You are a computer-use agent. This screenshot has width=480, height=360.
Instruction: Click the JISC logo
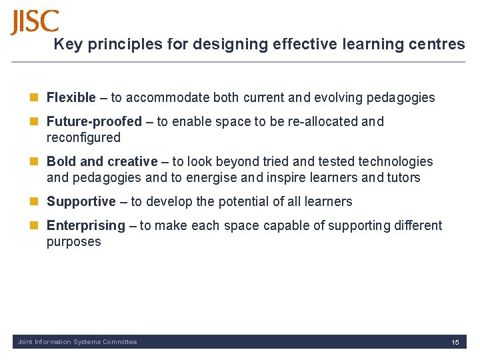[x=35, y=22]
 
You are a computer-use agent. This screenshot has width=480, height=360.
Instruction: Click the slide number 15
[x=455, y=342]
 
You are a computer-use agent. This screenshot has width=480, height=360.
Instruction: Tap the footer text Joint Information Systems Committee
[x=77, y=342]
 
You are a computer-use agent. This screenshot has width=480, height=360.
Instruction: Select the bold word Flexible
[x=71, y=98]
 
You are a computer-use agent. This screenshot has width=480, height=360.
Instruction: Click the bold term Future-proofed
[x=94, y=122]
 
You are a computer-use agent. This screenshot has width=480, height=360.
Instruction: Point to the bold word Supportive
[x=81, y=201]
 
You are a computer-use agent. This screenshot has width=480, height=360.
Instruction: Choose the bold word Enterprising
[x=85, y=225]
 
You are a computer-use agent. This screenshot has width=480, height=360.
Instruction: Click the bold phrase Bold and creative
[x=102, y=162]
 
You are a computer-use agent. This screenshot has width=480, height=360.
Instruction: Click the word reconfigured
[x=83, y=138]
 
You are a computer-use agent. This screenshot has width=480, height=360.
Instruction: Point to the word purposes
[x=73, y=242]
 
